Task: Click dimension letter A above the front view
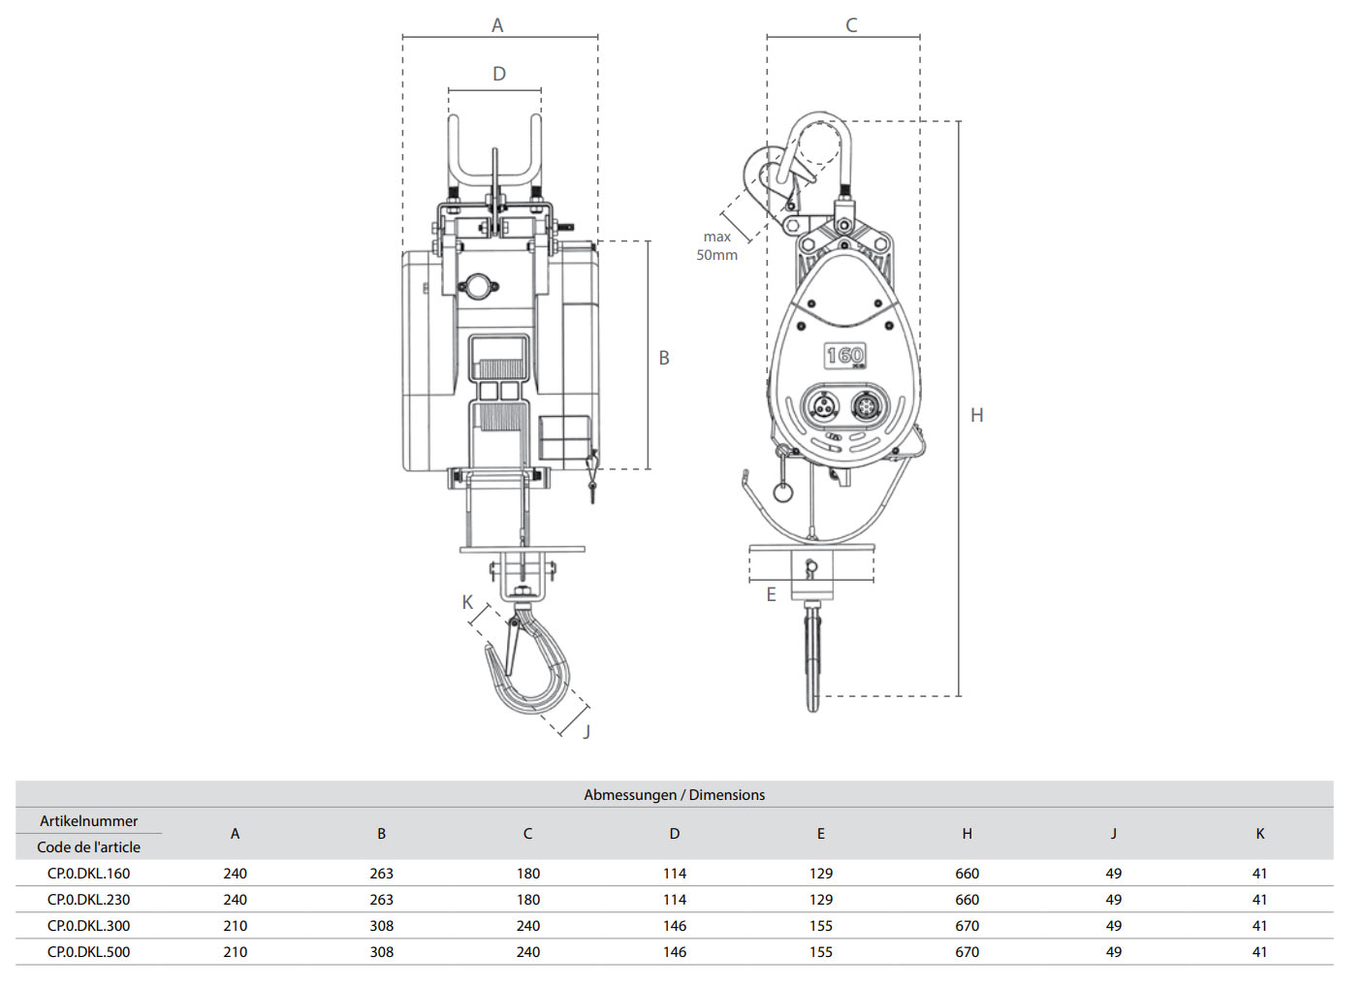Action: [x=497, y=25]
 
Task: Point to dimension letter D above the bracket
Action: [x=499, y=74]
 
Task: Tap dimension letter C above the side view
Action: [x=851, y=25]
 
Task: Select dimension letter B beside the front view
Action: [x=664, y=358]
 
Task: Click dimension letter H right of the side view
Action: [x=976, y=415]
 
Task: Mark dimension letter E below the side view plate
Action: [x=772, y=594]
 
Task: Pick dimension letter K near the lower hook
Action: [x=467, y=602]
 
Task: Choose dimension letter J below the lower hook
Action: [x=587, y=731]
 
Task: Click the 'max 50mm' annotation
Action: [x=716, y=245]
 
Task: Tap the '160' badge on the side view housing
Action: [x=844, y=356]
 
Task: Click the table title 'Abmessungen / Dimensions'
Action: [x=674, y=795]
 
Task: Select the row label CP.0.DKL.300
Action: [x=88, y=926]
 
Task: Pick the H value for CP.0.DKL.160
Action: [x=967, y=874]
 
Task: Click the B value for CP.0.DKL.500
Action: [x=381, y=952]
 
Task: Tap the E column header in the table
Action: [x=820, y=834]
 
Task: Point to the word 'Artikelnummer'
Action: [x=88, y=821]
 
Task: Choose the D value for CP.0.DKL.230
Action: [x=674, y=900]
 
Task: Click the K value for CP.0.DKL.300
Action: [x=1259, y=926]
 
